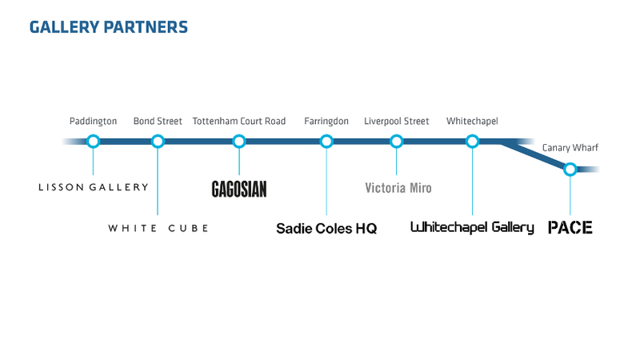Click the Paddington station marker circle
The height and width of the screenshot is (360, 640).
click(94, 142)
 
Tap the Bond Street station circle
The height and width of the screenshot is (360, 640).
click(158, 142)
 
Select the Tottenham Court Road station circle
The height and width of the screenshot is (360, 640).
click(238, 142)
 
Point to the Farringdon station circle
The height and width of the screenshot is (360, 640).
click(326, 142)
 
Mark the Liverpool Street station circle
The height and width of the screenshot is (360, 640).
click(397, 142)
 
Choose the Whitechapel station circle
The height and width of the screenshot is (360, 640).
click(472, 142)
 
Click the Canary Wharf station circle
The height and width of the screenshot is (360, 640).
click(570, 169)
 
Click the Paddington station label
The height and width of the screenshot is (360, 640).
click(94, 122)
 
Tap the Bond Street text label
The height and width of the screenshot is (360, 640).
click(158, 122)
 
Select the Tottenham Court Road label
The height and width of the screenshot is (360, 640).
click(238, 122)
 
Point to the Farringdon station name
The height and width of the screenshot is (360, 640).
click(326, 122)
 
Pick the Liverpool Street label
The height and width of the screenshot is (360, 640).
click(397, 122)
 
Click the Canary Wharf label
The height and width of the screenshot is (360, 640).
click(570, 148)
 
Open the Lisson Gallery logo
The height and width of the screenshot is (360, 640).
click(94, 187)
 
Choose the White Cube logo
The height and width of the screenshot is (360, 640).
click(158, 229)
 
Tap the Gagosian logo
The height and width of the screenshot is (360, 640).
click(238, 189)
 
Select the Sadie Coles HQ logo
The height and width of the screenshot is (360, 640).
click(326, 229)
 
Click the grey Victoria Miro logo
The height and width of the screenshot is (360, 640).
click(398, 189)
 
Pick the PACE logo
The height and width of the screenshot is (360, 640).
click(570, 228)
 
